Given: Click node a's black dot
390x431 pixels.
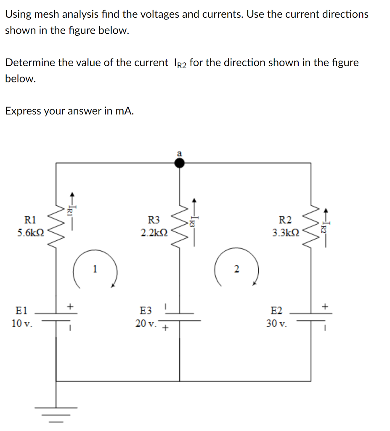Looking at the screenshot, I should [180, 163].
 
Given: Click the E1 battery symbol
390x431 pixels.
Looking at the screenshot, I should [57, 316].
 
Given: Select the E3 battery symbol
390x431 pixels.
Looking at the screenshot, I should [180, 317].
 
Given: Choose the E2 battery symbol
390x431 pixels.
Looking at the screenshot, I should [312, 316].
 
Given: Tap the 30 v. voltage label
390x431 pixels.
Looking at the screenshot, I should [277, 324].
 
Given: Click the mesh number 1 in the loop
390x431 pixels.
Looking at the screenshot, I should [95, 268].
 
